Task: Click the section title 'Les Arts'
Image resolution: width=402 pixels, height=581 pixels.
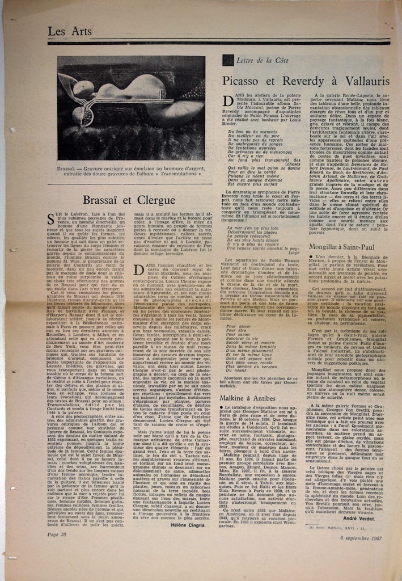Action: [70, 32]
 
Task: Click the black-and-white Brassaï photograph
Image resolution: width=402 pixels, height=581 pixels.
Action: [131, 107]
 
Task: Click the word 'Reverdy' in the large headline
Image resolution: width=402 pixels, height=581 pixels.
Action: [308, 81]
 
